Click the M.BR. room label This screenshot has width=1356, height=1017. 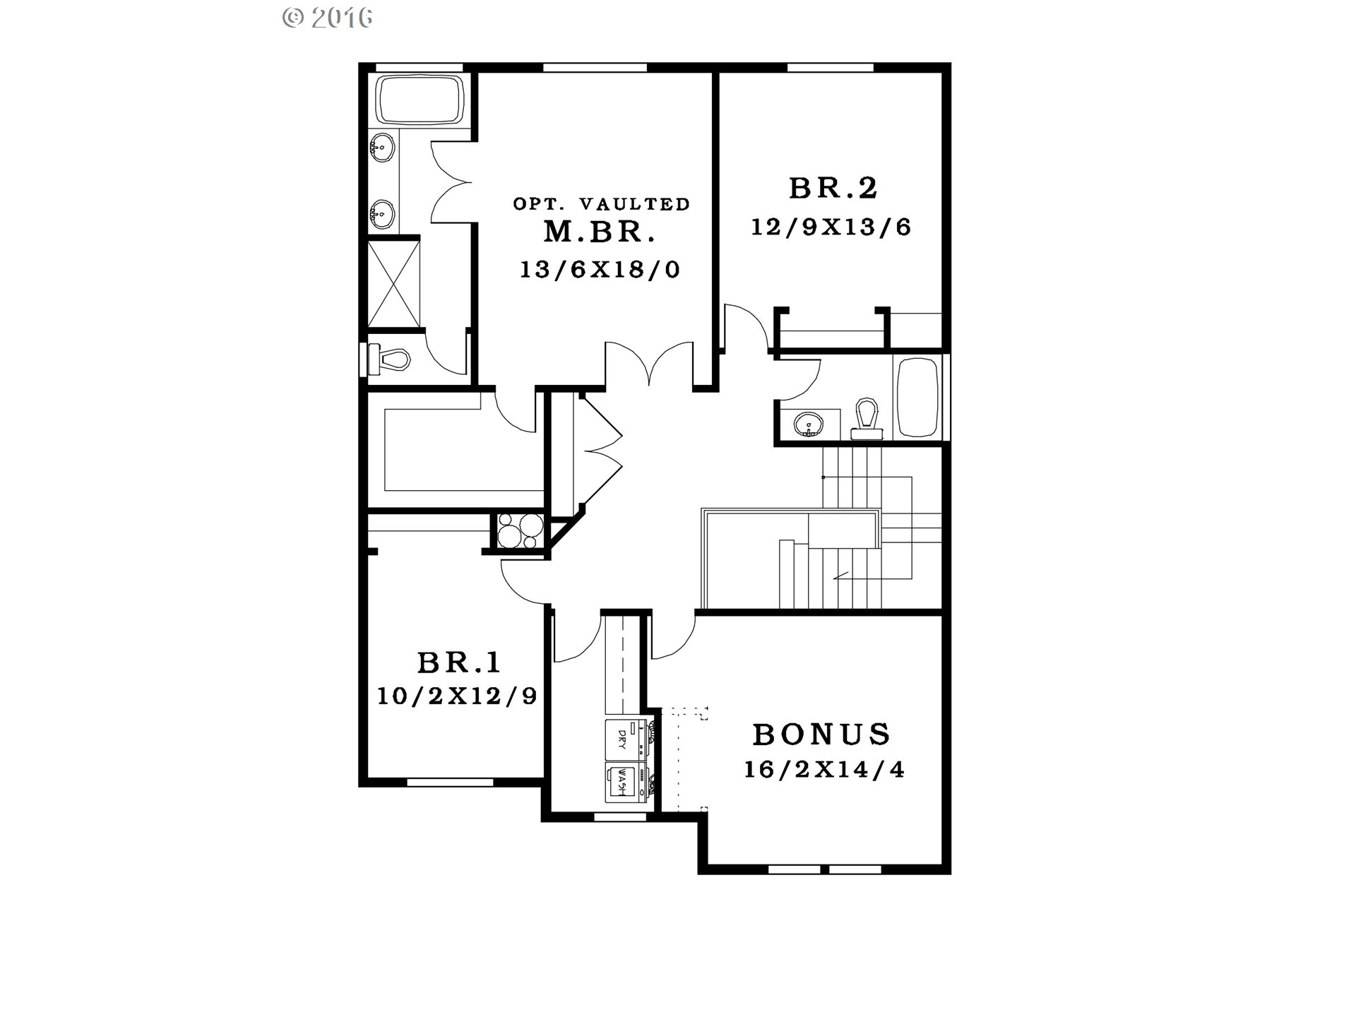tap(600, 232)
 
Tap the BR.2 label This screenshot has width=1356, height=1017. tap(833, 188)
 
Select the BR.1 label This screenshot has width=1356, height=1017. tap(459, 662)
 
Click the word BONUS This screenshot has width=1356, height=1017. tap(821, 734)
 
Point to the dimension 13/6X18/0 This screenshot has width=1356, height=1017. tap(600, 269)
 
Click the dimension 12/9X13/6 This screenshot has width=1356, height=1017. tap(831, 227)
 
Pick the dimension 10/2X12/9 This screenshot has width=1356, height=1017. tap(457, 696)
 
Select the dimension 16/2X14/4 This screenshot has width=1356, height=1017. tap(824, 769)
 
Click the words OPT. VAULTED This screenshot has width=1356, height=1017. tap(601, 204)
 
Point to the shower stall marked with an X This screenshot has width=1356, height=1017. tap(393, 284)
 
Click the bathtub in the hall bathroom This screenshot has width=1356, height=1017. tap(917, 398)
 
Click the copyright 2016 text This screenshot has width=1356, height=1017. tap(327, 18)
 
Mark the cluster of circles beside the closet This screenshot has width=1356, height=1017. tap(521, 530)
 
